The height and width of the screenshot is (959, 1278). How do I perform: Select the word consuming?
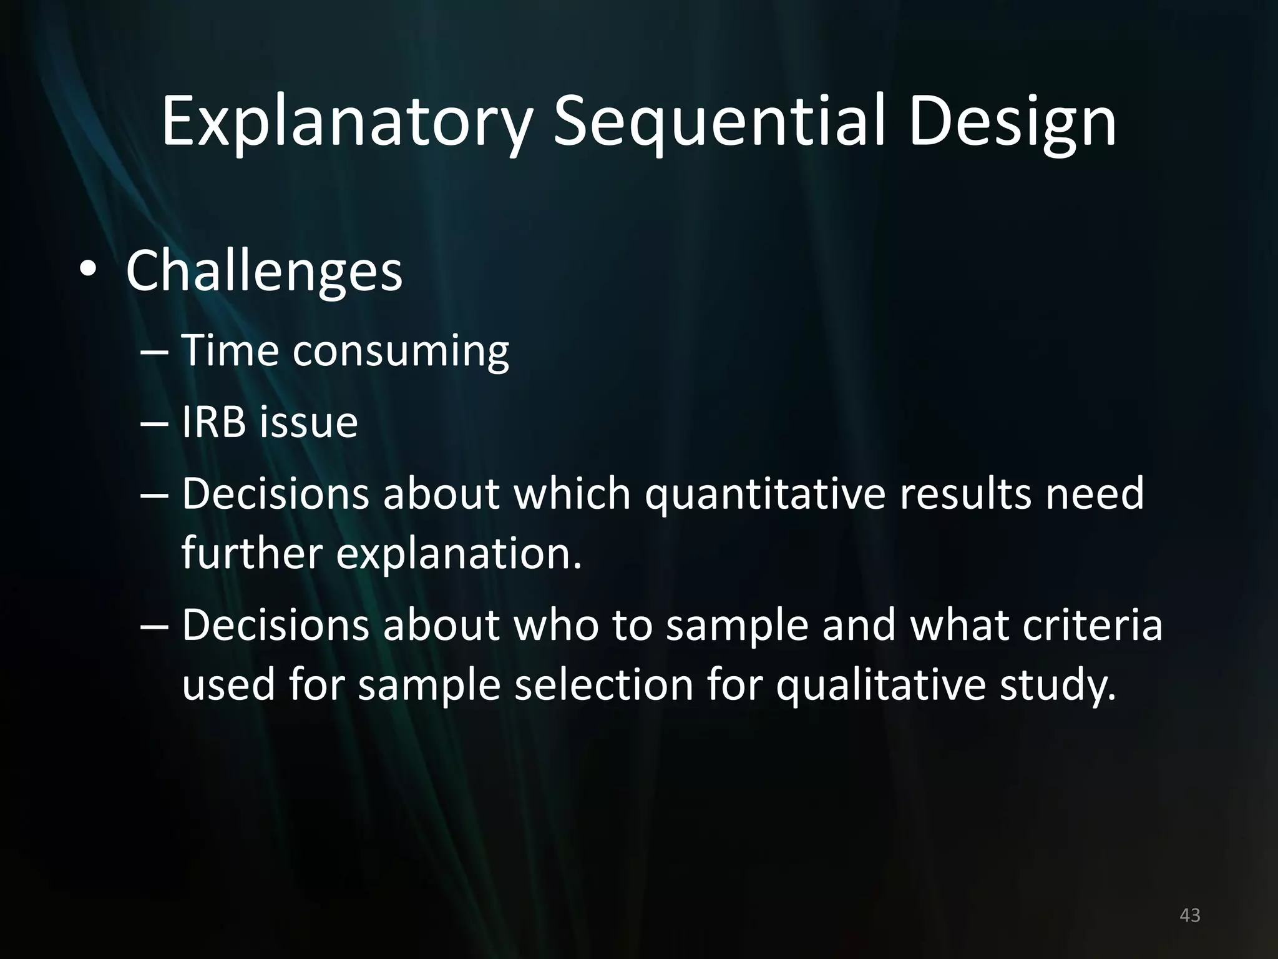pos(401,352)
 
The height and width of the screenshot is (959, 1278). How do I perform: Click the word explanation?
pos(459,554)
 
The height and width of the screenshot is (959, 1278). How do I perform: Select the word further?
pos(251,553)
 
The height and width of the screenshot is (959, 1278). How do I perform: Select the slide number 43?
pos(1190,915)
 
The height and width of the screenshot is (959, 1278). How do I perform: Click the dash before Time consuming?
pos(154,353)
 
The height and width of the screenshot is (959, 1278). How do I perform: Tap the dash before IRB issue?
pos(154,425)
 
